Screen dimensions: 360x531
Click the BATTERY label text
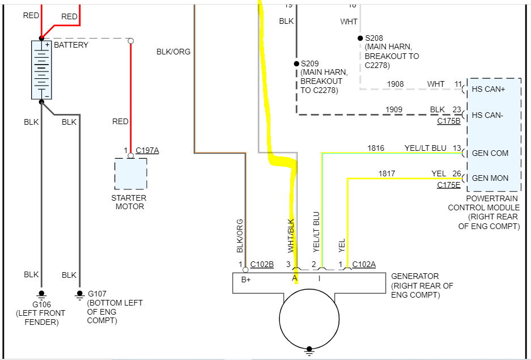point(71,45)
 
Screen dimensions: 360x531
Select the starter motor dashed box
point(130,173)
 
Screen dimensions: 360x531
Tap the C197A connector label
point(147,150)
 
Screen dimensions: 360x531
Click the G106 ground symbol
point(41,294)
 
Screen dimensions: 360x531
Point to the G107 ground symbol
point(79,294)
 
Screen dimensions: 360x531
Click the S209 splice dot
point(295,64)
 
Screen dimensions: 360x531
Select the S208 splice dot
point(360,38)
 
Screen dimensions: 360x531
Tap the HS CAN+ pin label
point(488,90)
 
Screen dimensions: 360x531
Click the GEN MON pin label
point(490,178)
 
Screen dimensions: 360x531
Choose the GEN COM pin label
point(490,153)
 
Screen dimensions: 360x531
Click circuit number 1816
point(376,148)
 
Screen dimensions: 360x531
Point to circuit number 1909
point(394,109)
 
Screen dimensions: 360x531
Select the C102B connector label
point(262,264)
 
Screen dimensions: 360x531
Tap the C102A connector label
point(364,264)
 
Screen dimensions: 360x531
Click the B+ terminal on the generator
point(246,278)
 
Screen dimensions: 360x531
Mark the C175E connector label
point(449,185)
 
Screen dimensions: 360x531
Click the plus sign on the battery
point(47,44)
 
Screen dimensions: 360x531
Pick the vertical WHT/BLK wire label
point(291,235)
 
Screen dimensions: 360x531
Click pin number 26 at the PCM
point(457,173)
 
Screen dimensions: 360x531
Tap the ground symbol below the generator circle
point(309,350)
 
